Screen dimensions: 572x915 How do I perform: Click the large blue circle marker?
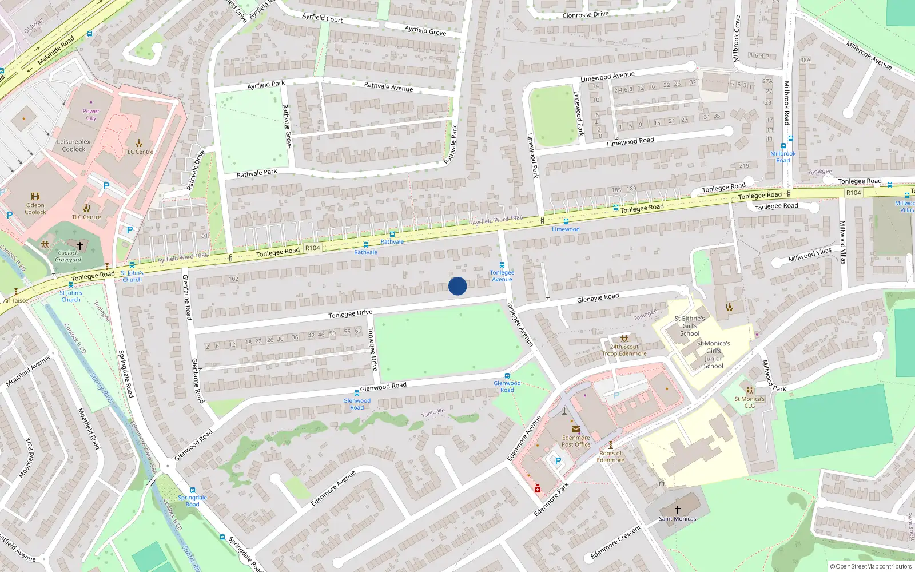457,286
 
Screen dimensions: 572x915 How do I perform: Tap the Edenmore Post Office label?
575,441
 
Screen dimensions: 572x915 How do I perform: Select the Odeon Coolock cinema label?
35,209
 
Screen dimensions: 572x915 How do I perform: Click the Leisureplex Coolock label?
73,145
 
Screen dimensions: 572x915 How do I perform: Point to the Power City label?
91,114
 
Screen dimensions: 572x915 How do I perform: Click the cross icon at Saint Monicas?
678,509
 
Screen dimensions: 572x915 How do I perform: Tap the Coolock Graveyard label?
68,256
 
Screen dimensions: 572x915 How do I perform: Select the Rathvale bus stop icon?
392,234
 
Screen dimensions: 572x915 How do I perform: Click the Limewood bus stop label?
566,229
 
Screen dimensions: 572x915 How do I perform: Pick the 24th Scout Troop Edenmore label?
624,350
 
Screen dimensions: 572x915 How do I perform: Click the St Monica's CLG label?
749,402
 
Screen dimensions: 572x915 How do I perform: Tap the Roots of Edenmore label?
611,456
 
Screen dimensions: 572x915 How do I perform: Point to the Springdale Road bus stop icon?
193,490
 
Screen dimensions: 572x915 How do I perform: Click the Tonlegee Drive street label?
350,314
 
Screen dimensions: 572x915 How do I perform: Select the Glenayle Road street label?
598,297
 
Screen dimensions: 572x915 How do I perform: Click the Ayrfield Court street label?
323,18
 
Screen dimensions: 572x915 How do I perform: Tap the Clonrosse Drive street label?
586,15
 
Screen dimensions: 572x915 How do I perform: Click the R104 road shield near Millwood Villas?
853,193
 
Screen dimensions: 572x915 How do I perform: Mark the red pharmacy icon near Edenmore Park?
538,488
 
